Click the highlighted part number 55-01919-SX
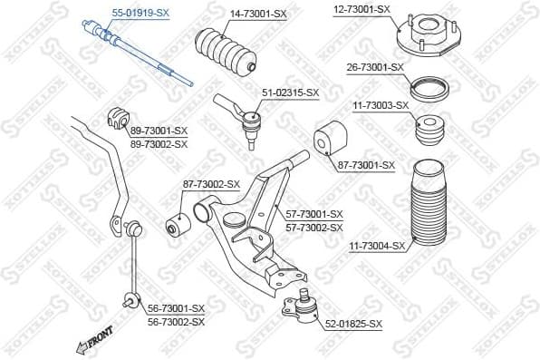[x=140, y=13]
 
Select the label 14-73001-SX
[x=259, y=14]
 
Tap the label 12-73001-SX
[x=361, y=9]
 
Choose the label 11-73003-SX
[x=381, y=105]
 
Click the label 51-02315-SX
[x=291, y=92]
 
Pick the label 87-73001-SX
[x=367, y=165]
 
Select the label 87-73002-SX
[x=211, y=184]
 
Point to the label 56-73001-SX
[x=176, y=308]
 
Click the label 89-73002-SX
[x=159, y=144]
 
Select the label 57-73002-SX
[x=315, y=227]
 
